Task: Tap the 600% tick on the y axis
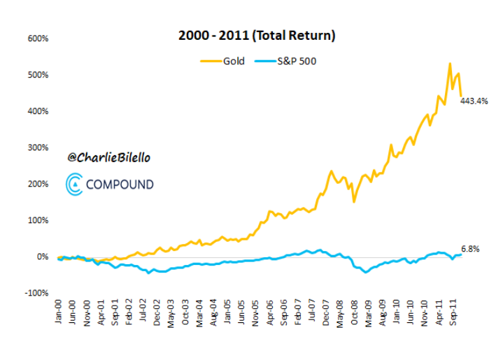pos(38,38)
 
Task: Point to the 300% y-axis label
pos(38,147)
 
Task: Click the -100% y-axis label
pos(37,293)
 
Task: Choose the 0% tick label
pos(42,257)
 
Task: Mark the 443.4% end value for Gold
pos(474,101)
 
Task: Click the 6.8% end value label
pos(470,249)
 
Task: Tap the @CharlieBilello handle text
pos(108,158)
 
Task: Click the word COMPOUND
pos(120,185)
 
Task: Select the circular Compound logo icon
pos(74,185)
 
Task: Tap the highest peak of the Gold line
pos(450,64)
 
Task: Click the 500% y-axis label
pos(38,75)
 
